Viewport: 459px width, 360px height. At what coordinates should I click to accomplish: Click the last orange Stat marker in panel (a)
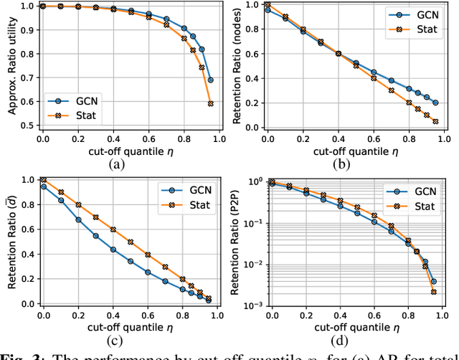210,103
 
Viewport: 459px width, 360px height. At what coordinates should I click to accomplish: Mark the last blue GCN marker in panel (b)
435,103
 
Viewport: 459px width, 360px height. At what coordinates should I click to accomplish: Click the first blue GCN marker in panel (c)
43,186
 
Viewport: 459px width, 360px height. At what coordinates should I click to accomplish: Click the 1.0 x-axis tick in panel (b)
444,138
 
